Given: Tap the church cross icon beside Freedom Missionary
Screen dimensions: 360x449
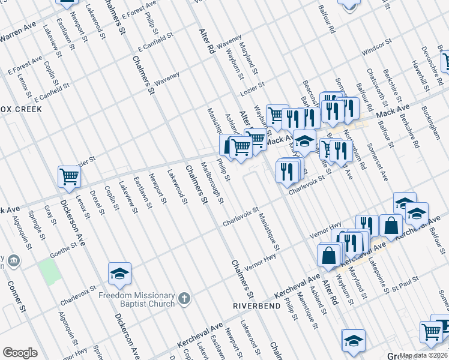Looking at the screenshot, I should point(185,298).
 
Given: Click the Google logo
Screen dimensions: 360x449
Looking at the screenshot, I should point(20,352).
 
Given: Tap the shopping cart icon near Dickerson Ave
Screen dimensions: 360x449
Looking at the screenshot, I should point(70,176).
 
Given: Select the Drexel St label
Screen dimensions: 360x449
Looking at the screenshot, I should point(97,202).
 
